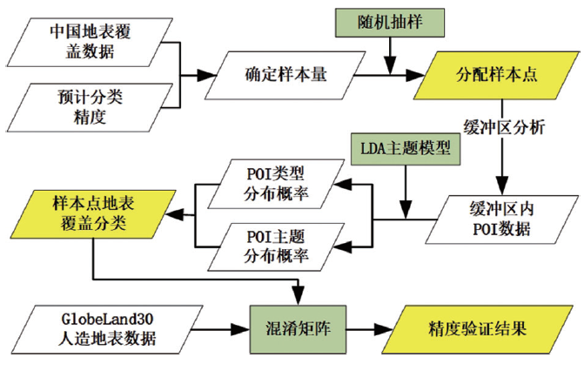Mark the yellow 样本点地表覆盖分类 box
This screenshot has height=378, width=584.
coord(91,212)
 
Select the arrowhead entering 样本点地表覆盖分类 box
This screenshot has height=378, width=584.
coord(179,212)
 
